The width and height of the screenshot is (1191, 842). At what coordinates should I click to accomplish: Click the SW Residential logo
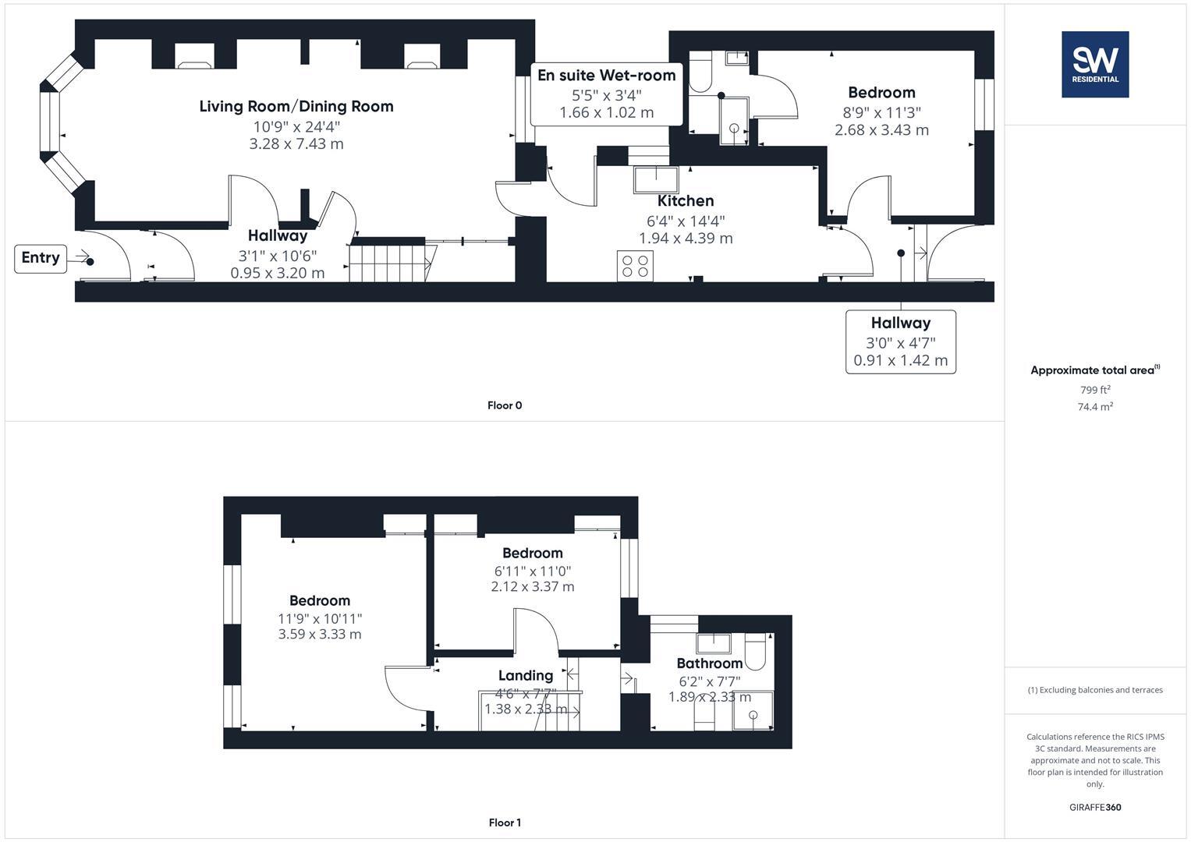click(1094, 64)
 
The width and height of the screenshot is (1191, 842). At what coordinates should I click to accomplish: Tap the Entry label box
click(40, 258)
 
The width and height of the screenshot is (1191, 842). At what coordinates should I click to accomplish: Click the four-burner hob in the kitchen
click(635, 265)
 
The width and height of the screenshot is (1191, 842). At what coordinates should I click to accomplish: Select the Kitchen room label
click(686, 201)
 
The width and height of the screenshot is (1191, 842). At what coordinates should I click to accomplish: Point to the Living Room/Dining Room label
click(296, 107)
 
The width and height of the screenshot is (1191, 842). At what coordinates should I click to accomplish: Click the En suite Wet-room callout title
click(606, 76)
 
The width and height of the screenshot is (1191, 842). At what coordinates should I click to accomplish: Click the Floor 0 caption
click(505, 405)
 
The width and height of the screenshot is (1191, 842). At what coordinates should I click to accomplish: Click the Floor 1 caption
click(505, 823)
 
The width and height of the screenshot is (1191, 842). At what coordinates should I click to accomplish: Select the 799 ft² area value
click(1094, 390)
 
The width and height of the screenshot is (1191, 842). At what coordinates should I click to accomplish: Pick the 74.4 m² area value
click(1094, 407)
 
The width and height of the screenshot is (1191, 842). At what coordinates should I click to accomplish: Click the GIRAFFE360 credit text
click(1094, 808)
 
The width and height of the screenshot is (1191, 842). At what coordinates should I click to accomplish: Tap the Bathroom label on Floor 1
click(709, 663)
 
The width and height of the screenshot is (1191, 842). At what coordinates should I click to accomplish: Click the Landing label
click(526, 676)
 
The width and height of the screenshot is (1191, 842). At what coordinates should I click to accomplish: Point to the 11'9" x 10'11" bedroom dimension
click(320, 619)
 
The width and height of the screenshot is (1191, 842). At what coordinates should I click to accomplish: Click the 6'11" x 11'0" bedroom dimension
click(532, 571)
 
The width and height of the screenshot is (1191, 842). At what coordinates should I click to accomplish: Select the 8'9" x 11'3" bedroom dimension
click(881, 112)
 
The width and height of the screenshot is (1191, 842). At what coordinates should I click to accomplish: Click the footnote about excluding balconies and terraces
click(1094, 690)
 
